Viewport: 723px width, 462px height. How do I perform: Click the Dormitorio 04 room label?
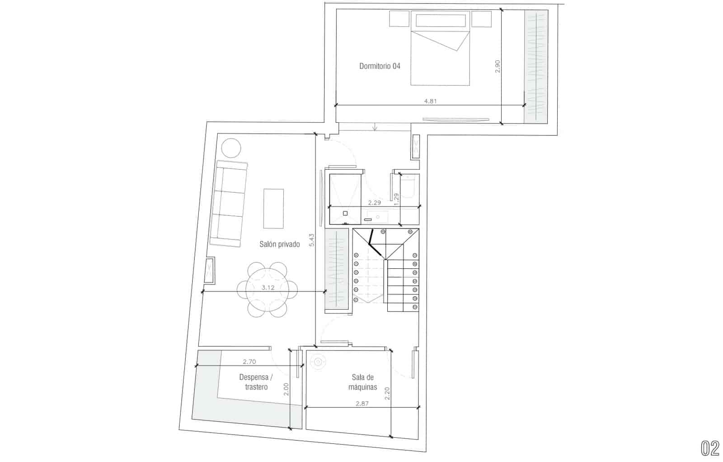(380, 66)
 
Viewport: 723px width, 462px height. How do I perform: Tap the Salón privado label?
(280, 244)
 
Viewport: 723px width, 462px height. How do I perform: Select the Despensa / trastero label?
(256, 382)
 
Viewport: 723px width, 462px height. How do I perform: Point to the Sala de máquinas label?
(362, 382)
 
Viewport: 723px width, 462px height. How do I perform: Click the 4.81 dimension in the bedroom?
(430, 101)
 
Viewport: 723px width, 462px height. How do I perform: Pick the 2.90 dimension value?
(498, 66)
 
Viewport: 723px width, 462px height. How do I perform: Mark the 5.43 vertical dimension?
(311, 240)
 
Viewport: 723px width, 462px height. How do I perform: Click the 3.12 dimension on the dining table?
(268, 288)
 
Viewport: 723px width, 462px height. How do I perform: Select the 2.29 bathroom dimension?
(375, 203)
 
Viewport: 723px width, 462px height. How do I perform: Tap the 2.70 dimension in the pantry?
(249, 362)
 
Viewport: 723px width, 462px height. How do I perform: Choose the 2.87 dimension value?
(362, 403)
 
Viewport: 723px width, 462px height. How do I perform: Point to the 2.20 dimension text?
(387, 393)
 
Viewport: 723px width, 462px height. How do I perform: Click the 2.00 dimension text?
(286, 389)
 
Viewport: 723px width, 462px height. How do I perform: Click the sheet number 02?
(710, 448)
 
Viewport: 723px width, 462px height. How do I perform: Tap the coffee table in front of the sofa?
(274, 209)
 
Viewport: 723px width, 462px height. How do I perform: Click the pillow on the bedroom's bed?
(441, 21)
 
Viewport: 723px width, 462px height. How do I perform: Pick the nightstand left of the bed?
(399, 19)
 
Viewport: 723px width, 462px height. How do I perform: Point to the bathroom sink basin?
(378, 217)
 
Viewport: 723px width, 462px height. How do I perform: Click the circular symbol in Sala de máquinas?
(318, 362)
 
